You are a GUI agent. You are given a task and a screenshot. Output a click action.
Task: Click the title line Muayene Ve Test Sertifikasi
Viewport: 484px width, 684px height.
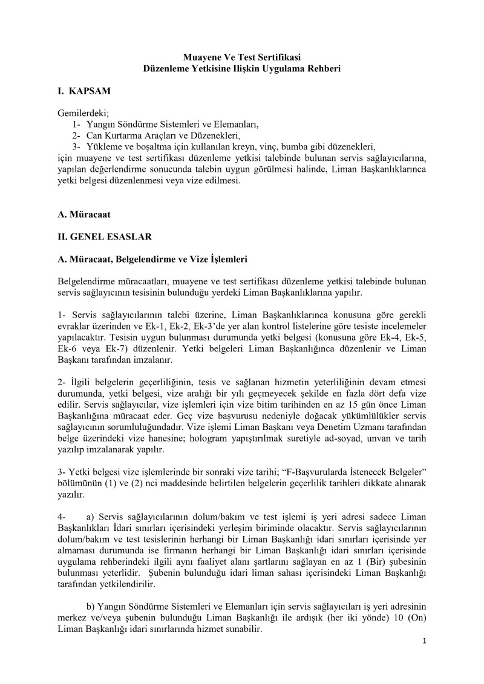click(x=241, y=57)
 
